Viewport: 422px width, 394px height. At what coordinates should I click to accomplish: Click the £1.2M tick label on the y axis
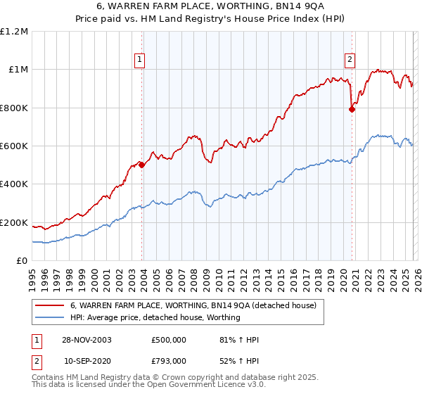14,31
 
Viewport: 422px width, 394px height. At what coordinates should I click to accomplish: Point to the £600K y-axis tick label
14,146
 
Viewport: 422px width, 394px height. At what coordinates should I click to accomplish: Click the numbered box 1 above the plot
141,61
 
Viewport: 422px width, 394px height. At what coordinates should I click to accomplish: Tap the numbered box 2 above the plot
350,61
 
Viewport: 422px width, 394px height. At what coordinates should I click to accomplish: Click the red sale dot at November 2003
142,165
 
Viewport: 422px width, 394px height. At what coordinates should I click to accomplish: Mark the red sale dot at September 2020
352,109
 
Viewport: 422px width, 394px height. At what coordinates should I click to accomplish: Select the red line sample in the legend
49,306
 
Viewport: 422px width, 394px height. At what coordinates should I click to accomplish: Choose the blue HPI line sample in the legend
49,318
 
